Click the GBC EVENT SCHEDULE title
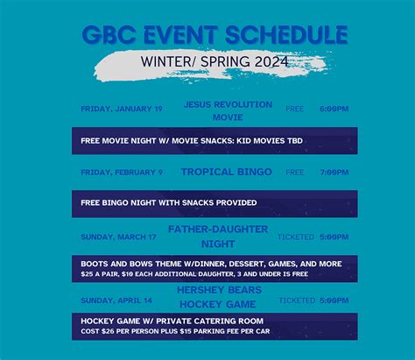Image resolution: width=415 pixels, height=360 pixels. tap(215, 34)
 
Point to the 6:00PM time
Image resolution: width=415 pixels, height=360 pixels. tap(334, 109)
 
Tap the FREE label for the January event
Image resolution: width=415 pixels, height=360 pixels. tap(295, 109)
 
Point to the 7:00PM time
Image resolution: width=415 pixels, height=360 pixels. tap(334, 173)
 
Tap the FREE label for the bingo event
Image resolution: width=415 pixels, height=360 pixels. tap(295, 173)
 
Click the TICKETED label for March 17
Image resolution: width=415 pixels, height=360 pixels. tap(295, 236)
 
